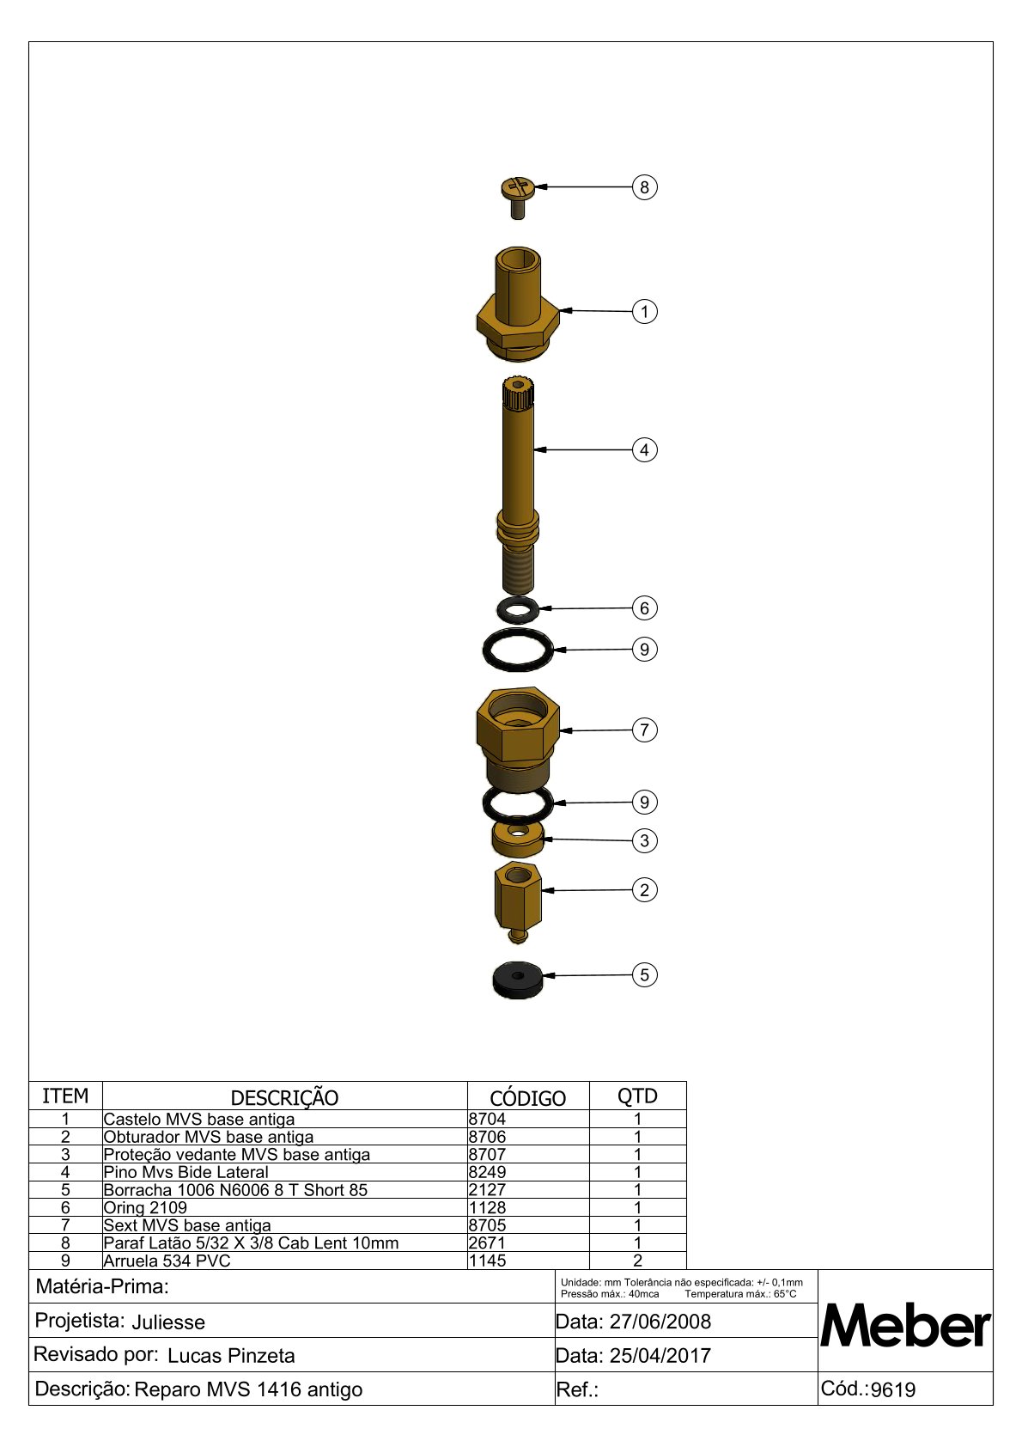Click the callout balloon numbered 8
pyautogui.click(x=643, y=187)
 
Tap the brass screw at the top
pyautogui.click(x=518, y=198)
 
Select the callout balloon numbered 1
pyautogui.click(x=643, y=311)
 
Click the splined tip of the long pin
pyautogui.click(x=518, y=394)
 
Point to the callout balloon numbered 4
pyautogui.click(x=643, y=449)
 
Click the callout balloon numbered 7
pyautogui.click(x=643, y=730)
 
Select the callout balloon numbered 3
pyautogui.click(x=643, y=840)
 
